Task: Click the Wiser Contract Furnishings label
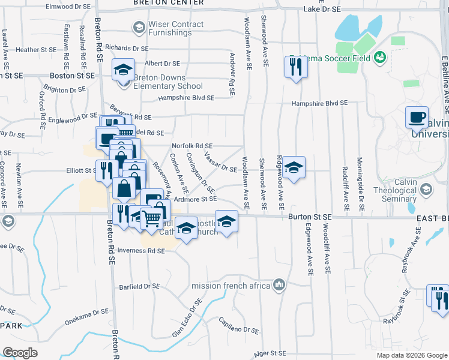(x=177, y=28)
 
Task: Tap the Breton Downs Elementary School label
(x=168, y=82)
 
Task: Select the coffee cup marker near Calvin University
(x=416, y=118)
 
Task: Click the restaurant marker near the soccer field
(x=295, y=67)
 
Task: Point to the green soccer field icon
(x=379, y=57)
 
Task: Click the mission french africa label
(x=231, y=286)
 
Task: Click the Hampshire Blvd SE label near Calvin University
(x=319, y=103)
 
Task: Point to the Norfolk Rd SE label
(x=192, y=146)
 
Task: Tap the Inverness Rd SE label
(x=141, y=251)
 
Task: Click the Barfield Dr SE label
(x=142, y=287)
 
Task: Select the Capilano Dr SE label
(x=238, y=325)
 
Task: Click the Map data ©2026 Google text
(x=411, y=355)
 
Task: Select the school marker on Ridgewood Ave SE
(x=294, y=167)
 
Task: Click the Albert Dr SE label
(x=162, y=63)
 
